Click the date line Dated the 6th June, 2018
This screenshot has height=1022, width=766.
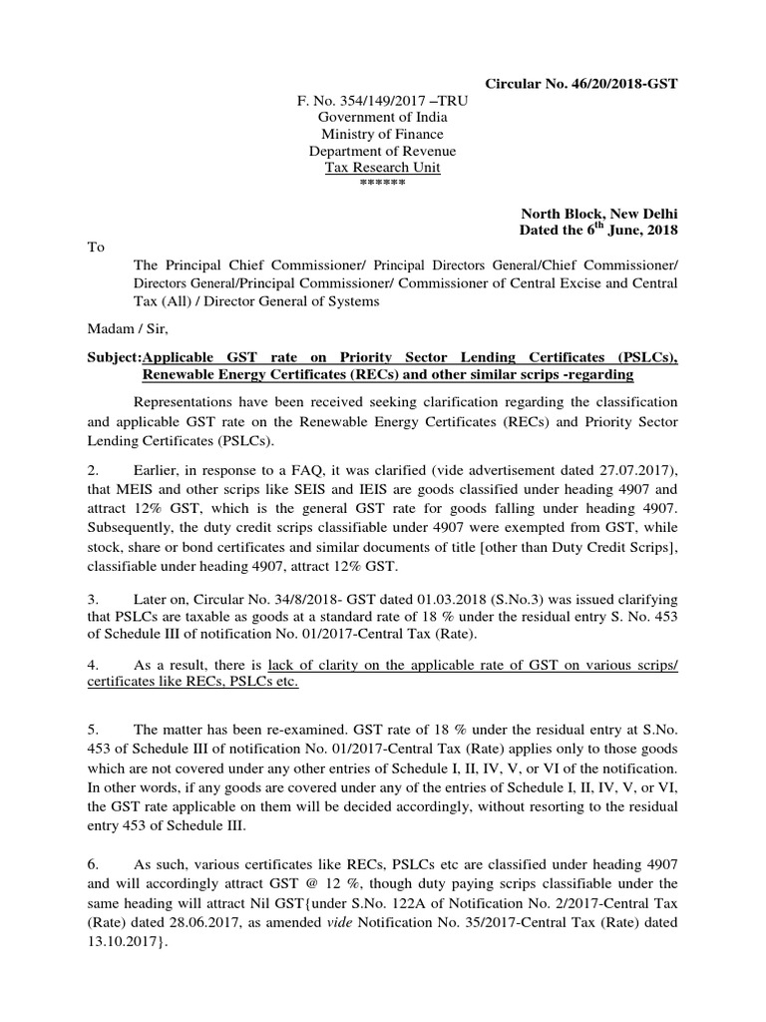(x=598, y=231)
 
